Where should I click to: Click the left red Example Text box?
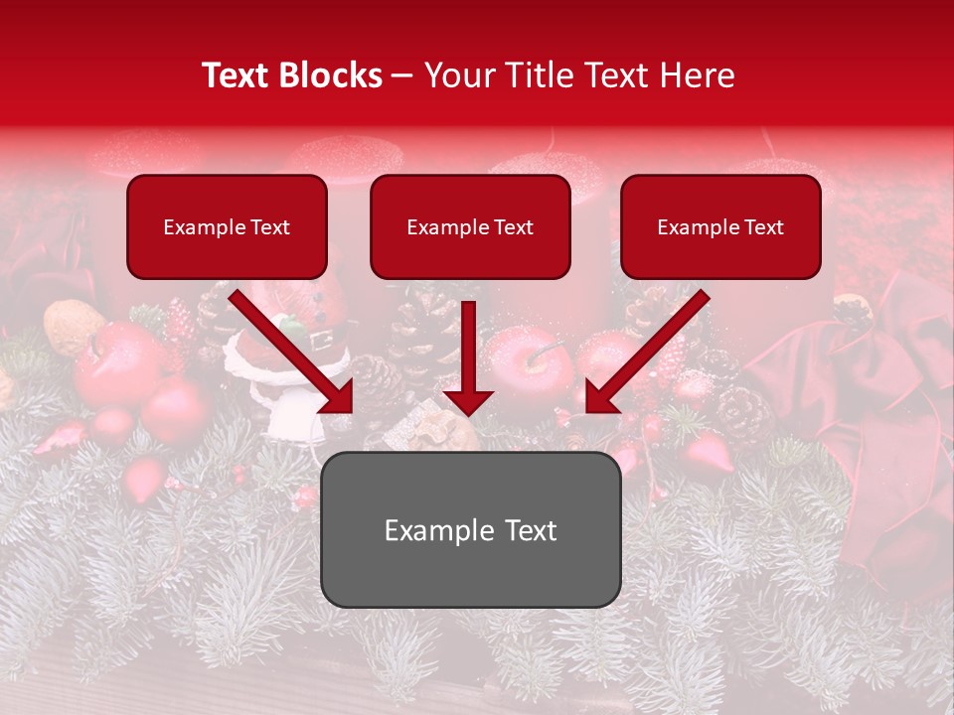point(227,226)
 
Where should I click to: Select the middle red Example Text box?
point(470,226)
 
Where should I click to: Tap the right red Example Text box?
point(720,226)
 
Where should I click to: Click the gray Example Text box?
point(470,529)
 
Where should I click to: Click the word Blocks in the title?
point(330,75)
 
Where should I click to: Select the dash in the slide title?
point(402,75)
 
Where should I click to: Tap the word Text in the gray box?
point(528,530)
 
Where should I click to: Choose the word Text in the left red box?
point(268,227)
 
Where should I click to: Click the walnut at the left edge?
point(73,325)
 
